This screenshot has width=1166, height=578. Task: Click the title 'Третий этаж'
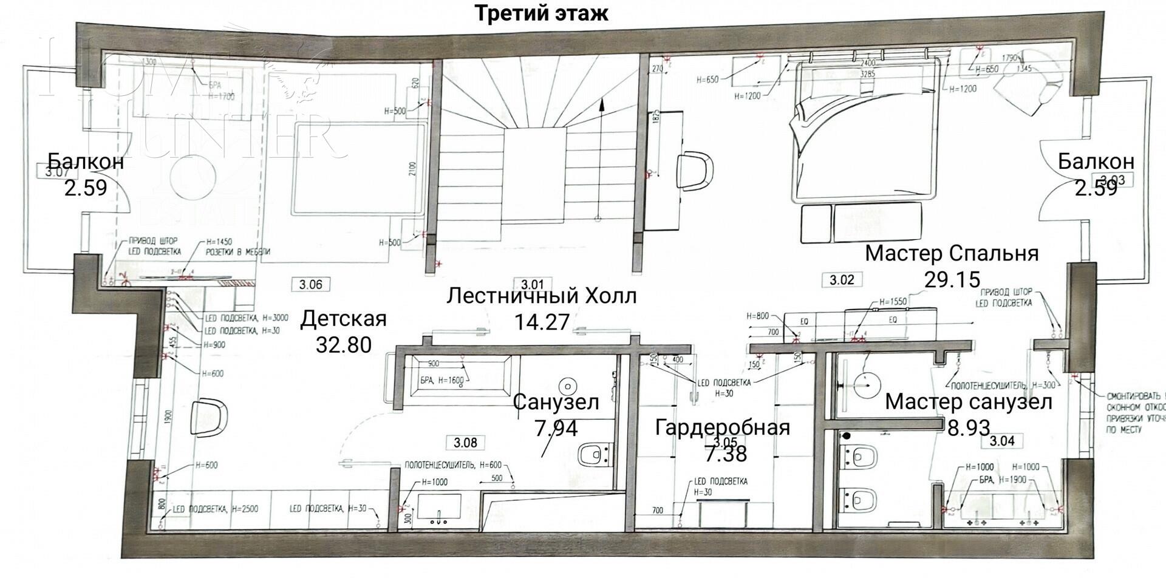(x=540, y=13)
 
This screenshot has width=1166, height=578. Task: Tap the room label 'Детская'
(x=344, y=319)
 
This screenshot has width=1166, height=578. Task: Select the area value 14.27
(x=542, y=321)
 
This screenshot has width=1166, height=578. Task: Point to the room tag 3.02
(x=842, y=280)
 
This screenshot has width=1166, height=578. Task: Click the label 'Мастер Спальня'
(x=952, y=253)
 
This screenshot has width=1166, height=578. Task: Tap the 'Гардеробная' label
(x=722, y=427)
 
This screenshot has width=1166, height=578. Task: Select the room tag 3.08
(x=465, y=443)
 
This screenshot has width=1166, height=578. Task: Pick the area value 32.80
(x=344, y=345)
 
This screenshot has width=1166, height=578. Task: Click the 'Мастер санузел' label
(x=968, y=402)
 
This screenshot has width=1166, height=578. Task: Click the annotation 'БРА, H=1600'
(x=442, y=381)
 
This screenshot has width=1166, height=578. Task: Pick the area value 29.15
(x=952, y=279)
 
